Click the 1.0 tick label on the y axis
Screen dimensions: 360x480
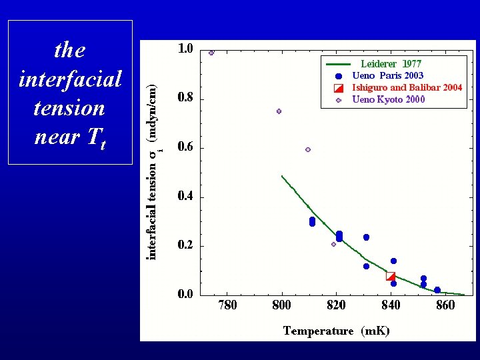(185, 49)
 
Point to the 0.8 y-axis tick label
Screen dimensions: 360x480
(185, 98)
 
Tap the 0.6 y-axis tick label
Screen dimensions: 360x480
(185, 147)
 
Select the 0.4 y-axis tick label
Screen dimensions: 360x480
(185, 196)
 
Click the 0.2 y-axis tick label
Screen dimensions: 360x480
(185, 245)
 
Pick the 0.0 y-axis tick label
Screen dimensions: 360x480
(185, 294)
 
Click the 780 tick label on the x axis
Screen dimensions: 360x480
(227, 305)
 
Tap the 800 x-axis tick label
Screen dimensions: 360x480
(282, 305)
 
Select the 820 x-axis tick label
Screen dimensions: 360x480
(336, 305)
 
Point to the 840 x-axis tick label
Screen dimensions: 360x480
(391, 305)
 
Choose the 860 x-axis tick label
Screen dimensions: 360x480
(445, 305)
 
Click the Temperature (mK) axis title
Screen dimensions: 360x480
(336, 331)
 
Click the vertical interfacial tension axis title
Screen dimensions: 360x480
(153, 172)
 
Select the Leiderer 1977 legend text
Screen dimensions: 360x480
(391, 64)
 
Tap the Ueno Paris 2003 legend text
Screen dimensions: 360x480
(387, 76)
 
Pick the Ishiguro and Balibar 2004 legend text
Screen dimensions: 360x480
(407, 88)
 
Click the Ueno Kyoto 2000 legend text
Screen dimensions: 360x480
(388, 100)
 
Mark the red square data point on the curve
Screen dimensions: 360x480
(391, 277)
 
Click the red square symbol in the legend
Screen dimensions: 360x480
(339, 88)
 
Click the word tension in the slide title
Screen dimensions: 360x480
(69, 108)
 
